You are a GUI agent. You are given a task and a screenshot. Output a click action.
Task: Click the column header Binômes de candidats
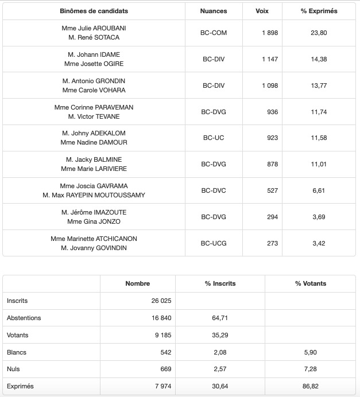pos(94,11)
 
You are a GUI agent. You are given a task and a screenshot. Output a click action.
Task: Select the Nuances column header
pos(214,11)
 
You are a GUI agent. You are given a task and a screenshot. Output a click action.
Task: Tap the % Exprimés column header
pos(319,11)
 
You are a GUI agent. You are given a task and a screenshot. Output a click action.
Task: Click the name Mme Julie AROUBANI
pos(94,28)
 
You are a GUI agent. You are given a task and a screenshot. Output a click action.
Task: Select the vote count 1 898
pos(269,33)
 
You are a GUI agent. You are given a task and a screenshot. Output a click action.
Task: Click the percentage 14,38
pos(319,59)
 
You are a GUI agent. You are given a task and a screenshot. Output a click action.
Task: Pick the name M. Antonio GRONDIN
pos(94,81)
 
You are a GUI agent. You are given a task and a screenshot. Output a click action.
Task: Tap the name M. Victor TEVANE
pos(94,116)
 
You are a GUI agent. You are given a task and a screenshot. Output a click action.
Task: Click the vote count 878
pos(272,164)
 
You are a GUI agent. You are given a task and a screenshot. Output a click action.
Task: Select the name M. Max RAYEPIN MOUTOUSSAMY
pos(94,195)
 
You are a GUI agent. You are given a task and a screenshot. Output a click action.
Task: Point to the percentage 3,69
pos(319,217)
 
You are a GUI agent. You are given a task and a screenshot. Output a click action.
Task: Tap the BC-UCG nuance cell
pos(214,243)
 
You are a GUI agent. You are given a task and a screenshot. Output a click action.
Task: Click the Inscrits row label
pos(17,301)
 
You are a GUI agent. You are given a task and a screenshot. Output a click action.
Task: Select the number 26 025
pos(160,301)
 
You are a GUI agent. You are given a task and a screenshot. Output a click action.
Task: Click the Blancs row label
pos(17,352)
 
